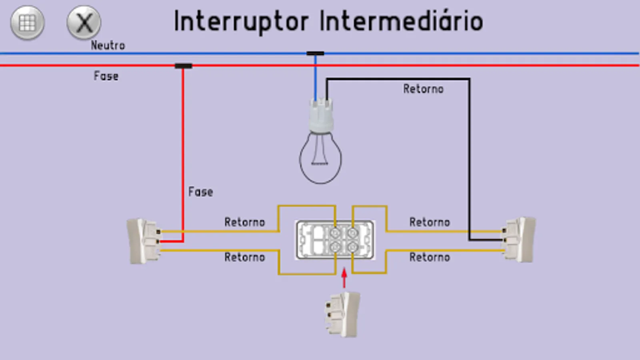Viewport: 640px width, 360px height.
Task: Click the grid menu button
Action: (27, 23)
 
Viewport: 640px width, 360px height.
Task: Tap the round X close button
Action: (84, 23)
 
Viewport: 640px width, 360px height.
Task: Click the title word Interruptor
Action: (241, 22)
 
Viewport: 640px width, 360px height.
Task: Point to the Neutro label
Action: (108, 46)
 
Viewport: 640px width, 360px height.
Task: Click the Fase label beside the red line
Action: (106, 76)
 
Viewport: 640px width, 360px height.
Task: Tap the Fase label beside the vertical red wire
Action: (200, 192)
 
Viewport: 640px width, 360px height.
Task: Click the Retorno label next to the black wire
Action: (423, 89)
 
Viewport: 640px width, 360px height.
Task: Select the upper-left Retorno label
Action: (244, 222)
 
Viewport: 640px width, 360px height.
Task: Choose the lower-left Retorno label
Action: (244, 257)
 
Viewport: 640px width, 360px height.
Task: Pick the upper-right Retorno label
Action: (430, 222)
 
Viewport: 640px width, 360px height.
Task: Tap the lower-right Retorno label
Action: (430, 257)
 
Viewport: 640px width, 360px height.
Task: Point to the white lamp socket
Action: (321, 116)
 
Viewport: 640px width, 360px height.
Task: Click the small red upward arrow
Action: (344, 278)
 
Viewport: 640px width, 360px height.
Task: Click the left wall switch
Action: (143, 241)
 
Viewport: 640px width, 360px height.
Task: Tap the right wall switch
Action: (520, 240)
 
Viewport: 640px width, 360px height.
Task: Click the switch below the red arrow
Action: (343, 314)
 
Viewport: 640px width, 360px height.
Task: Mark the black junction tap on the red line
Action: (184, 66)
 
